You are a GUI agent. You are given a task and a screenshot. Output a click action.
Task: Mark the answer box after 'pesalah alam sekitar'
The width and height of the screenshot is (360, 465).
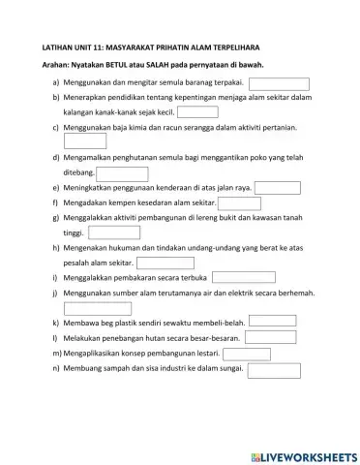[x=165, y=263]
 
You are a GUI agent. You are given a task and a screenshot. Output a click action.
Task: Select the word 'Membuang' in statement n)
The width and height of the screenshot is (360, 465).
[x=83, y=369]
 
